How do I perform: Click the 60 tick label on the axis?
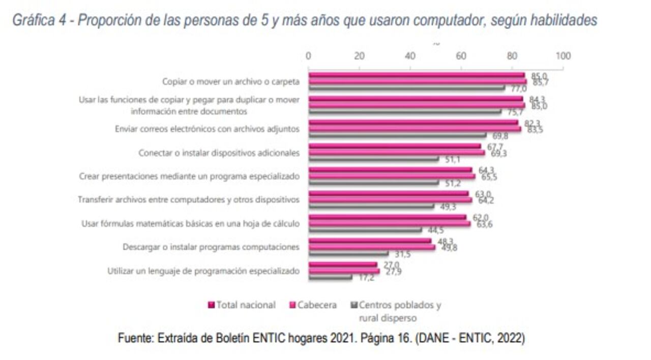pos(461,56)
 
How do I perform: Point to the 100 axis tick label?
pos(563,56)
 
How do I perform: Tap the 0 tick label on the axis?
pos(308,56)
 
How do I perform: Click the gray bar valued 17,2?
pos(330,277)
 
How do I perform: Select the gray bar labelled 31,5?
pos(348,253)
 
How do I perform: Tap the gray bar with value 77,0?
pos(406,87)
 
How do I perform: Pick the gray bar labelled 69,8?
pos(397,135)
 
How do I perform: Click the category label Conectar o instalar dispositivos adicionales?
pos(219,153)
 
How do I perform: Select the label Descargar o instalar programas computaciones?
pos(211,247)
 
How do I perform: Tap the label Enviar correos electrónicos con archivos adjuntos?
pos(207,129)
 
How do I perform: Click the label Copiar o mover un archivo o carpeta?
pos(230,81)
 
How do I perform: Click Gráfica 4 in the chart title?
pos(41,20)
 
